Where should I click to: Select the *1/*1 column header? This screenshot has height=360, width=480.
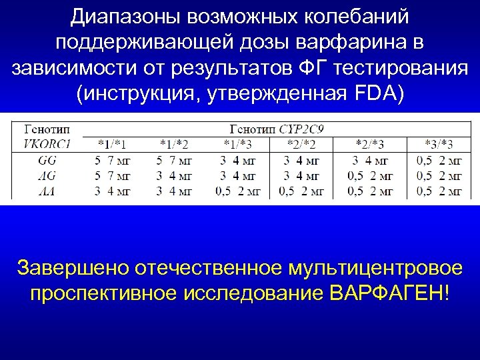pyautogui.click(x=113, y=143)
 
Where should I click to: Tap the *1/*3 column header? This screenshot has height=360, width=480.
pyautogui.click(x=238, y=143)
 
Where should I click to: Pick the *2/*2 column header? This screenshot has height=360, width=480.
pyautogui.click(x=301, y=143)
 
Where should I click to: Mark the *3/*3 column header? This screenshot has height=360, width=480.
pyautogui.click(x=439, y=143)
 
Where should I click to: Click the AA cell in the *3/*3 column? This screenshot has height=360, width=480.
pyautogui.click(x=439, y=191)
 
